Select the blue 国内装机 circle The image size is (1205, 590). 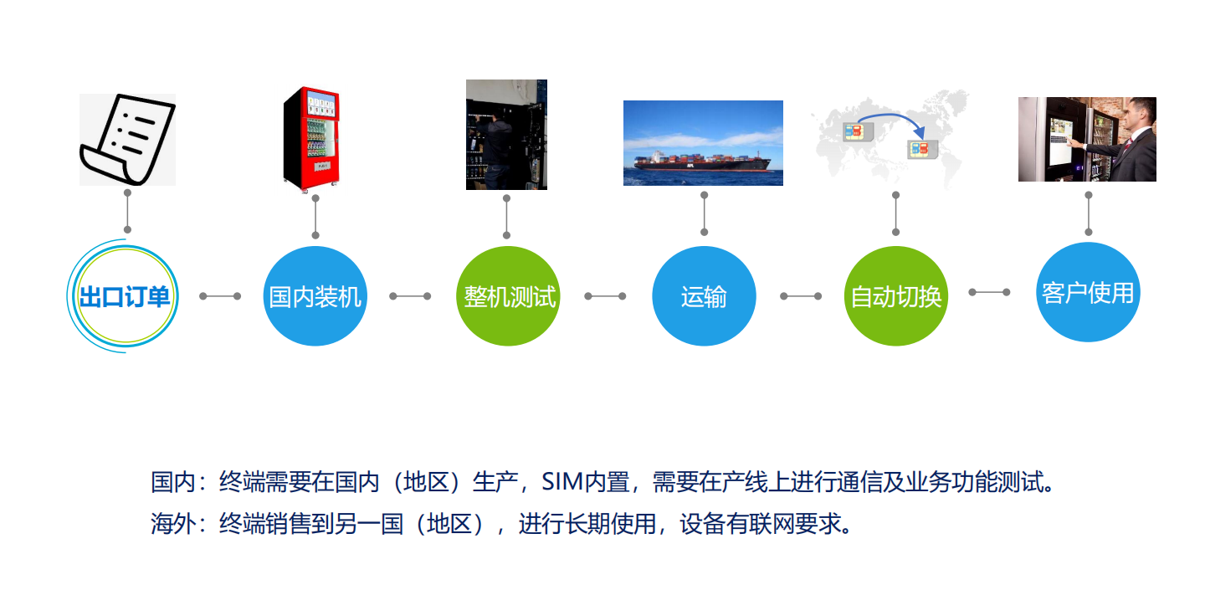click(315, 295)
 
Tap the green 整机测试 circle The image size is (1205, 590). click(509, 295)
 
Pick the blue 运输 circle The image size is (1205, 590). click(705, 295)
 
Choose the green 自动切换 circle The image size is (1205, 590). click(896, 295)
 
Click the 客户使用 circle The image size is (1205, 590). click(1088, 292)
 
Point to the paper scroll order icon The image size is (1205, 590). click(127, 140)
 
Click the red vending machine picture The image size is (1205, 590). click(311, 139)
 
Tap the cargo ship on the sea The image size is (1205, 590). click(703, 161)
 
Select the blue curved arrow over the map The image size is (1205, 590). click(893, 115)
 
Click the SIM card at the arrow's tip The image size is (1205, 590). click(922, 150)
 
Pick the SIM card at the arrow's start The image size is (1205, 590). click(858, 131)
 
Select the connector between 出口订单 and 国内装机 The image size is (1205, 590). click(220, 295)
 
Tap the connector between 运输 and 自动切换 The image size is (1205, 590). click(801, 295)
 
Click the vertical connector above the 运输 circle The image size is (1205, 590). click(705, 213)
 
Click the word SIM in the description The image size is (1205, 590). click(562, 481)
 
